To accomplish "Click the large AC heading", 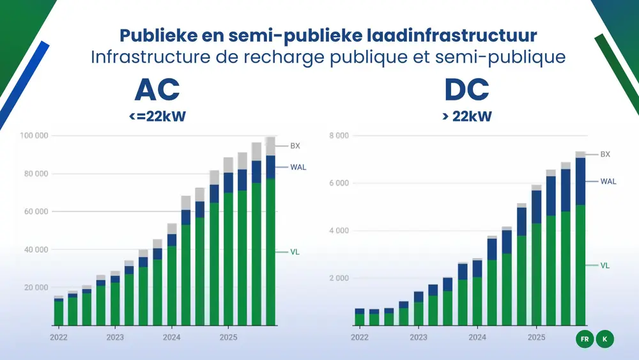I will (157, 91).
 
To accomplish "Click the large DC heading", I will (466, 91).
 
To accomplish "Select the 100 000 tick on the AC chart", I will (35, 136).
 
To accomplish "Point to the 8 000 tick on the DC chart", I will (339, 136).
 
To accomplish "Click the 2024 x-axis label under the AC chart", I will (171, 337).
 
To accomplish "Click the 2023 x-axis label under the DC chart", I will (419, 337).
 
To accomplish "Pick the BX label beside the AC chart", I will (295, 146).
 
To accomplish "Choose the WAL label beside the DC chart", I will (608, 182).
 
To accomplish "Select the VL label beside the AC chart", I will (295, 252).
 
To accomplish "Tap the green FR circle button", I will (584, 340).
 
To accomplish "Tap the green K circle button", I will (604, 340).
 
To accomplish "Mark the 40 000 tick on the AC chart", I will (36, 249).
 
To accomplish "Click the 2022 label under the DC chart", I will (360, 337).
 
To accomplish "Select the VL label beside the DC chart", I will (605, 265).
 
